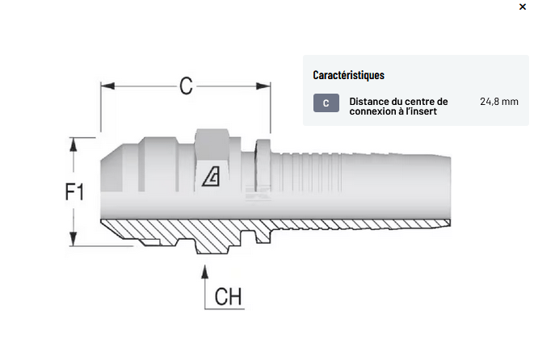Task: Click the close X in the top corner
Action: (x=522, y=6)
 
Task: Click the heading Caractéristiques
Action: (x=348, y=75)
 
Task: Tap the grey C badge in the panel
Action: (x=326, y=103)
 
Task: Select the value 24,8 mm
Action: (x=498, y=102)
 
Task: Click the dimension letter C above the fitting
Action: (x=186, y=86)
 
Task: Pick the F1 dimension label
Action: (x=74, y=192)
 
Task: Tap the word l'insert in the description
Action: (x=419, y=112)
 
